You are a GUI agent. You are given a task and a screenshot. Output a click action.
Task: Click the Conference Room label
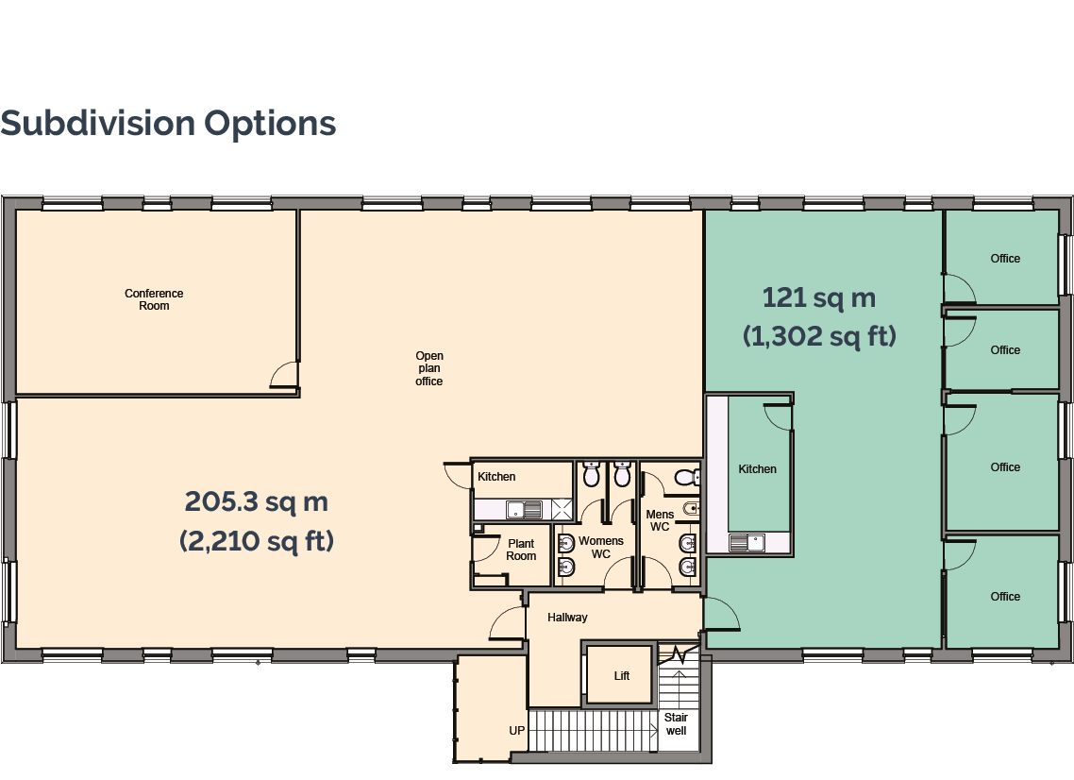154,299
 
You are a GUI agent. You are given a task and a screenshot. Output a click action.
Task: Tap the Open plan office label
429,368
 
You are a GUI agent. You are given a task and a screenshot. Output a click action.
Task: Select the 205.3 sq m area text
256,501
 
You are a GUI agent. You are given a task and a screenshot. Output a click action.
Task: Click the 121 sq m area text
819,298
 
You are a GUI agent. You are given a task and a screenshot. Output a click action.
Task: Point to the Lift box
621,675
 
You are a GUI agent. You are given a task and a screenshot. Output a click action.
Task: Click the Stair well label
676,723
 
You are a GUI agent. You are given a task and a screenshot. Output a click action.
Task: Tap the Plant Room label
521,550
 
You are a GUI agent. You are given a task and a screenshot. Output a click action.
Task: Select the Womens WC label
600,547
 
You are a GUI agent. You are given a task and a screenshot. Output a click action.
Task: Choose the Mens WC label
660,520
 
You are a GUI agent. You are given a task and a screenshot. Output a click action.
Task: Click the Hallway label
567,618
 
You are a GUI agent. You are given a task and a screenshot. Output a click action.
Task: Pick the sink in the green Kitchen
747,543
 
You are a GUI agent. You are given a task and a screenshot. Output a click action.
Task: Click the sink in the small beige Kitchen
524,509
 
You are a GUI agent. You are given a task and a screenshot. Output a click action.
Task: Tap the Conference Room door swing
283,374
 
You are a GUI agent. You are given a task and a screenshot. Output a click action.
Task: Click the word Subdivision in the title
98,124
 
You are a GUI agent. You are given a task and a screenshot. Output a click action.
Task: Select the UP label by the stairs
516,731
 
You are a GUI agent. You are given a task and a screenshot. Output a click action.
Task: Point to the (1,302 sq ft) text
819,336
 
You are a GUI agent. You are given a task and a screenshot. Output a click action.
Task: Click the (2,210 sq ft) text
256,541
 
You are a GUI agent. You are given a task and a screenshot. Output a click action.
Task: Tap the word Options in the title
270,125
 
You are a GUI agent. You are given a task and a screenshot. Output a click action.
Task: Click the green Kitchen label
757,469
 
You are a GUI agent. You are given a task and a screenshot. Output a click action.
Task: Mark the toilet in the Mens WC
686,476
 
